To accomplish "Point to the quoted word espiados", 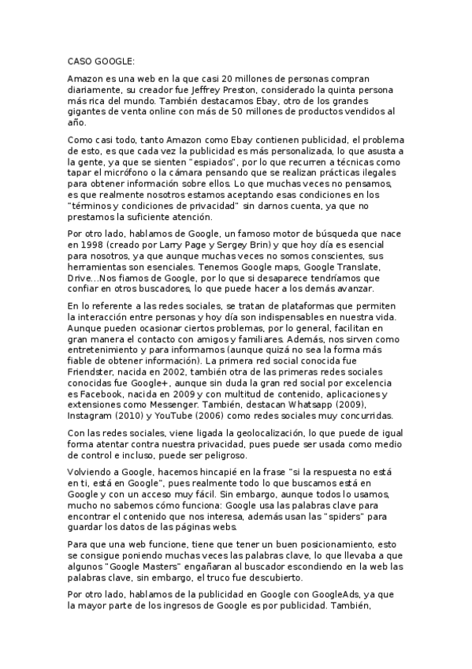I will point(241,161).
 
